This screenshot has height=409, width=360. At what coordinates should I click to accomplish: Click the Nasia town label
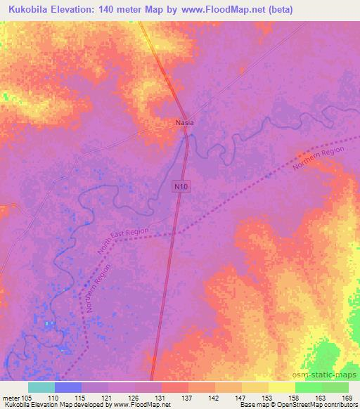coord(184,122)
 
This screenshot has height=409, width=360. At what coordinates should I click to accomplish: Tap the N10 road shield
coord(181,186)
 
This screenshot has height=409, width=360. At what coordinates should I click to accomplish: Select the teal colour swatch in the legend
coord(41,387)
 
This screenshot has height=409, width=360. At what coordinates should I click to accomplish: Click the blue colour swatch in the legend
coord(68,387)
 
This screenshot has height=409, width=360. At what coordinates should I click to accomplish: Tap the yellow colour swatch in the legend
coord(282,387)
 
